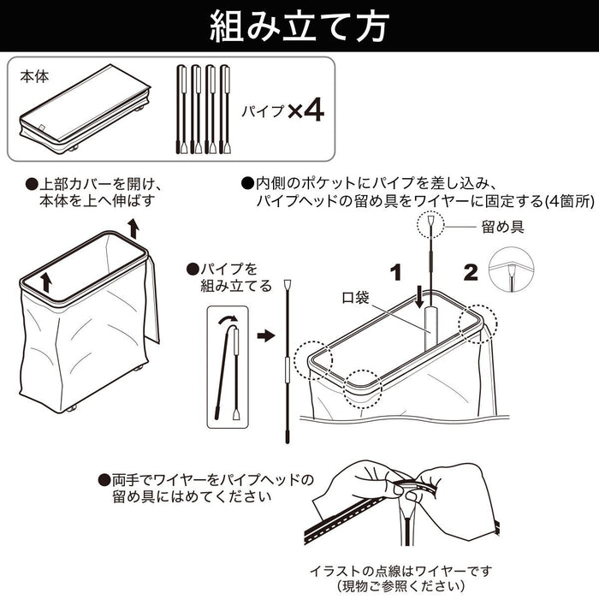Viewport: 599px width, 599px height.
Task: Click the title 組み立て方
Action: point(299,26)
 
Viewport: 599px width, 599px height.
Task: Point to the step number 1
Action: point(395,273)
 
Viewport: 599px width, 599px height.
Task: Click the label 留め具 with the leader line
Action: point(502,228)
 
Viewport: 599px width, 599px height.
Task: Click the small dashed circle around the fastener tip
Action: point(431,226)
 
